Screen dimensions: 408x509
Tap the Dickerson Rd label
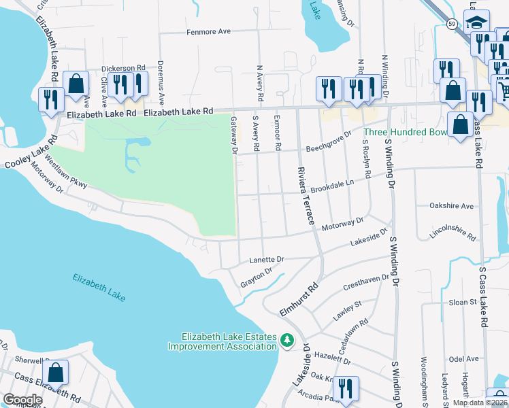124,69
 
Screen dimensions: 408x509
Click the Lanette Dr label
266,260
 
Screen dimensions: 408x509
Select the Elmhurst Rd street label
299,300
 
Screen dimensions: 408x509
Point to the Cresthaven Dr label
366,282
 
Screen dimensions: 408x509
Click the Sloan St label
463,301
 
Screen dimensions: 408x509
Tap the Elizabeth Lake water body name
99,286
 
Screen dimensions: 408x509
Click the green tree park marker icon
288,339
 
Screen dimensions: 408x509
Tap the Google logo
22,400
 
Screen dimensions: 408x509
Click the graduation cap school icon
478,22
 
